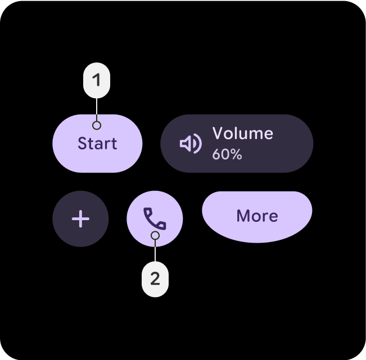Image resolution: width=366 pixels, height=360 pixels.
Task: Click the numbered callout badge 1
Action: tap(97, 80)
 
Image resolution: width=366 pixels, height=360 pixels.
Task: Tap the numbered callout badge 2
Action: tap(155, 278)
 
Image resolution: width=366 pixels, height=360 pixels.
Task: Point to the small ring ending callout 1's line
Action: tap(97, 125)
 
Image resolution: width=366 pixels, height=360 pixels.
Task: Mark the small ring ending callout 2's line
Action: tap(155, 236)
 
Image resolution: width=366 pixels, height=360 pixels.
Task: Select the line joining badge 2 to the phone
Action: tap(155, 250)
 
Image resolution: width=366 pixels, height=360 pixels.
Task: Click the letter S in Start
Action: tap(82, 144)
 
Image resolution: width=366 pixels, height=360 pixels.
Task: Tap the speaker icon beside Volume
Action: tap(190, 144)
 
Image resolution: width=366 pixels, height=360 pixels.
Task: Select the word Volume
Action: tap(242, 134)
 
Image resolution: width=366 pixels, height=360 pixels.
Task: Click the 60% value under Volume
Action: tap(227, 154)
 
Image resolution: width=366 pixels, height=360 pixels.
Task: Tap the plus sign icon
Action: tap(81, 218)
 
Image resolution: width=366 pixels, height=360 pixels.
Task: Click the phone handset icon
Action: tap(155, 218)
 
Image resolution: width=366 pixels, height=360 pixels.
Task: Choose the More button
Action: tap(257, 216)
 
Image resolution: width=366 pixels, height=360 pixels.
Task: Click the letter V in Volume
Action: tap(218, 134)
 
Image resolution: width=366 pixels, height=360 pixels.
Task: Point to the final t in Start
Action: tap(114, 144)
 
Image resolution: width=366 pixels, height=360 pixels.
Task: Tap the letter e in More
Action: tap(273, 217)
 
